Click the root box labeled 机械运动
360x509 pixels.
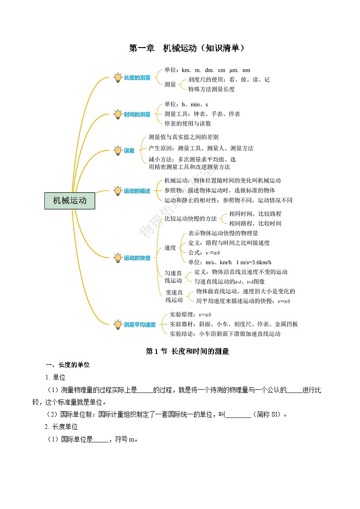[x=70, y=200]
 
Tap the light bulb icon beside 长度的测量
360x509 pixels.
[x=118, y=78]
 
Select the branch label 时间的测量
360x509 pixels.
[x=137, y=115]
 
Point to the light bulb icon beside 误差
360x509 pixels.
[x=118, y=150]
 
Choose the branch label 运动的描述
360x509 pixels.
[x=137, y=191]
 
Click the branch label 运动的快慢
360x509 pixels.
[x=137, y=258]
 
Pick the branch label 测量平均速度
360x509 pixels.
[x=140, y=325]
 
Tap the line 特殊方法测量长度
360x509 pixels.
[x=211, y=89]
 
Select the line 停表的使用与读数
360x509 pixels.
[x=188, y=123]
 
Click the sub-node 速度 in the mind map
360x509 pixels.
[x=170, y=247]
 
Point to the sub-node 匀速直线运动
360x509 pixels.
[x=173, y=276]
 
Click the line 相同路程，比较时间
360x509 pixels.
[x=255, y=223]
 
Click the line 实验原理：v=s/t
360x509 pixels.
[x=190, y=315]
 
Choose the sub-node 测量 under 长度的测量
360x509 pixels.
[x=170, y=84]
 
